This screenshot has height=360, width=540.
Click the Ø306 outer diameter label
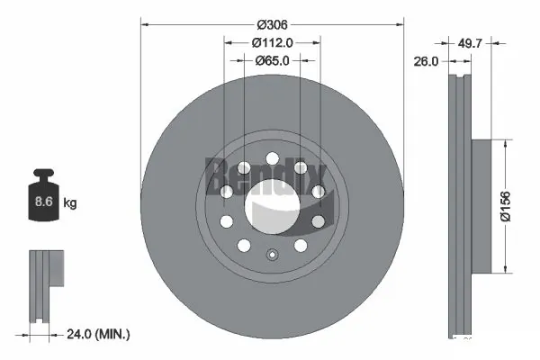click(x=272, y=25)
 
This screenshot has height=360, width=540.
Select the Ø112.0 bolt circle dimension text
click(x=273, y=42)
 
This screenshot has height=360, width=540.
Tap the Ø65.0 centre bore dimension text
click(x=273, y=60)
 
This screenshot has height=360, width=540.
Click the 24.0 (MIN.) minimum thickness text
click(x=99, y=334)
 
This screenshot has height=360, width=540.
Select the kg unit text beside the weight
click(x=70, y=203)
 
